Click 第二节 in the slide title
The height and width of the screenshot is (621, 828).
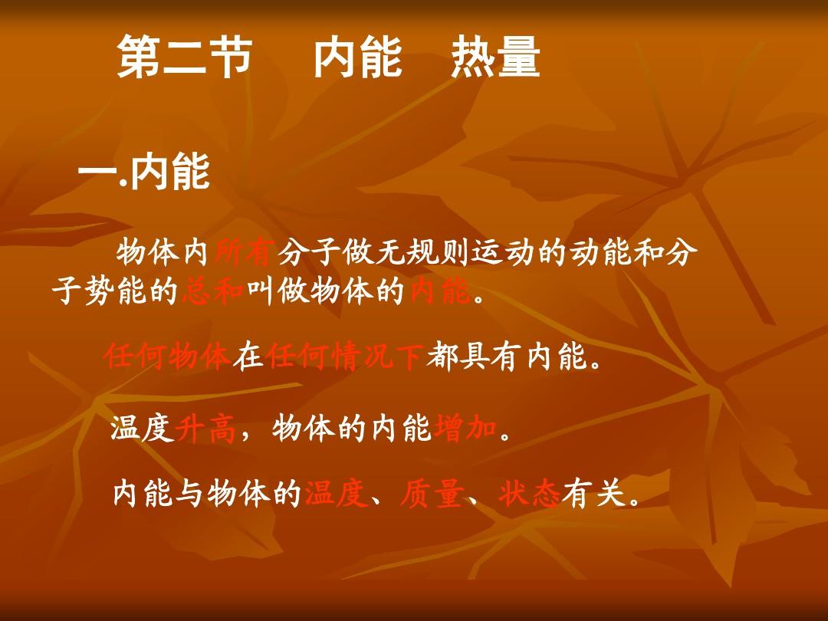(x=184, y=57)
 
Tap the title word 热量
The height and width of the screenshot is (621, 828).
(x=495, y=57)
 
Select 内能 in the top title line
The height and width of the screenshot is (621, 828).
(x=358, y=57)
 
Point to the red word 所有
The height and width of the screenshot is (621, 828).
(x=245, y=252)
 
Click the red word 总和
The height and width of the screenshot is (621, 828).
(x=213, y=291)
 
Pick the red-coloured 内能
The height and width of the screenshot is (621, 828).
(x=440, y=291)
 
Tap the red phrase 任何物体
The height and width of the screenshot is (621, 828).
(x=167, y=356)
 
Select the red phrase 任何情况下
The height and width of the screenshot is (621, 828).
(x=344, y=356)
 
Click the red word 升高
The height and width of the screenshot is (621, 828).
(x=205, y=429)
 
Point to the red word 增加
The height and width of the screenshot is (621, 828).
(x=465, y=429)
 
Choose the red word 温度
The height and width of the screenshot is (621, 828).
(x=336, y=494)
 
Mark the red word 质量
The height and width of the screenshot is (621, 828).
(x=432, y=494)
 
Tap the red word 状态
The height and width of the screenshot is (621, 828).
(x=530, y=494)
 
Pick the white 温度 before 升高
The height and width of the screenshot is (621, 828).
(x=142, y=429)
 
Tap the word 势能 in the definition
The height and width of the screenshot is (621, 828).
(x=115, y=291)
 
